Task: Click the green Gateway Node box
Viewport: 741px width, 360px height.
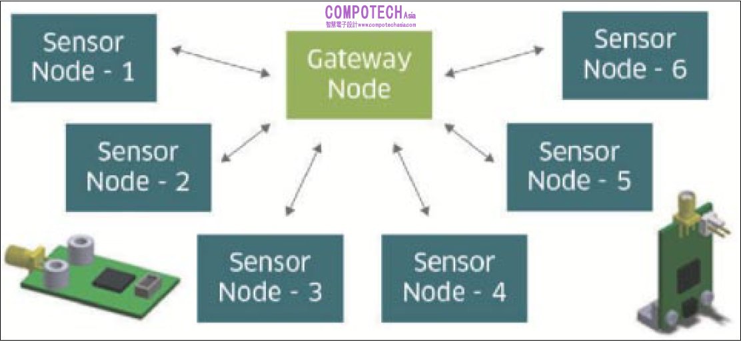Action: tap(359, 75)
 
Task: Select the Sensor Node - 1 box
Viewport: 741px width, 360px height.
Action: tap(83, 57)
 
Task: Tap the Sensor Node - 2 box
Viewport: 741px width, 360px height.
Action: tap(138, 167)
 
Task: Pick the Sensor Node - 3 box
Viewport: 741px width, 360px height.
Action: tap(270, 277)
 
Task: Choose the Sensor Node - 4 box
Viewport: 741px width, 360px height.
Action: tap(454, 277)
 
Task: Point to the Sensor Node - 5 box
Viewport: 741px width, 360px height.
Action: tap(579, 167)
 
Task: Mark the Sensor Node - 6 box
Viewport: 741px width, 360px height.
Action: tap(634, 55)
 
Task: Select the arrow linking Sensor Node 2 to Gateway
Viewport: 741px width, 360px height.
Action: tap(245, 143)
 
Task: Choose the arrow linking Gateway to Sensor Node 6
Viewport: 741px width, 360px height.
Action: tap(496, 60)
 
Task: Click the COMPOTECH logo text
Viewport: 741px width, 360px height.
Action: tap(363, 12)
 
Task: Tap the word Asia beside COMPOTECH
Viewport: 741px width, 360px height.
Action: tap(410, 15)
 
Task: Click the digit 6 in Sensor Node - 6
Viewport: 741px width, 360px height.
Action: tap(678, 69)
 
